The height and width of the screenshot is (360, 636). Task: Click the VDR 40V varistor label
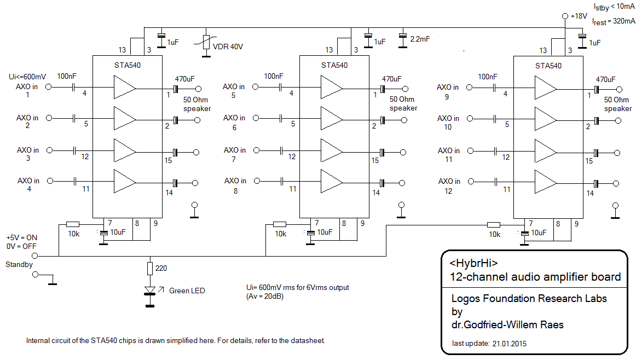pyautogui.click(x=228, y=47)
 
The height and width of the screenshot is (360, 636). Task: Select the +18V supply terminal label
pyautogui.click(x=578, y=16)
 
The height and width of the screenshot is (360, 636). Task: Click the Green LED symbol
pyautogui.click(x=149, y=291)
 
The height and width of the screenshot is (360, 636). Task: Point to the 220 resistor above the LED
pyautogui.click(x=149, y=268)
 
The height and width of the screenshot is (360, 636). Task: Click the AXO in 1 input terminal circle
pyautogui.click(x=48, y=87)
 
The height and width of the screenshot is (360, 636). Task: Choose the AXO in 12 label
pyautogui.click(x=448, y=185)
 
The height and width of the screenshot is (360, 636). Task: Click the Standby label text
pyautogui.click(x=19, y=265)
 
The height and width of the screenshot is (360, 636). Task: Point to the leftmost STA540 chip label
pyautogui.click(x=126, y=65)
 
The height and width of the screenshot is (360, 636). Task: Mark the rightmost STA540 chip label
pyautogui.click(x=548, y=66)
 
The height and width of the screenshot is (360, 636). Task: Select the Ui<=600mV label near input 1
pyautogui.click(x=27, y=76)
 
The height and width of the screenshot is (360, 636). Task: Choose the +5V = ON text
pyautogui.click(x=22, y=238)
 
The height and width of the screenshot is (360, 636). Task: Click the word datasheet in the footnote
pyautogui.click(x=310, y=341)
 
